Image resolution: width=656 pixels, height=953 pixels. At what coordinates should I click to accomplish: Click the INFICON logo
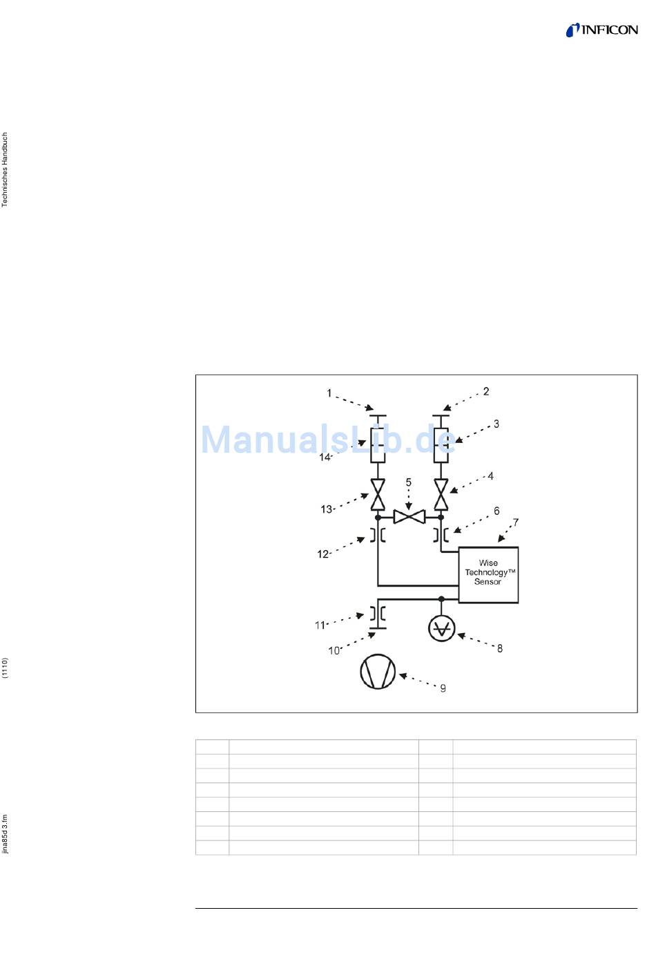click(601, 30)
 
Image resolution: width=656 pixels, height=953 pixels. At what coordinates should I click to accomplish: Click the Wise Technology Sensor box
click(488, 574)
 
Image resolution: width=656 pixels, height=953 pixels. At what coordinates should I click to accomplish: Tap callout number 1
click(329, 393)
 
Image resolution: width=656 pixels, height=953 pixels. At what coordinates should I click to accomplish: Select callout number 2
click(486, 391)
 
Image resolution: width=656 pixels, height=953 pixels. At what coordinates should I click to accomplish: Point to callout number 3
click(496, 424)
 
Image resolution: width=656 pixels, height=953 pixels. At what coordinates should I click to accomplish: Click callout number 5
click(408, 482)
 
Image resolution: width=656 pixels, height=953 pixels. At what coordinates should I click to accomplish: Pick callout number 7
click(515, 522)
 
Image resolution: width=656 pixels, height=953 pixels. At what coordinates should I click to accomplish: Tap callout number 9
click(443, 688)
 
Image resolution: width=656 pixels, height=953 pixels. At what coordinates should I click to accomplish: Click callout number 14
click(325, 457)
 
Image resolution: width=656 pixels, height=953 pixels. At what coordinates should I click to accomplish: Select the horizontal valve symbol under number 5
click(409, 517)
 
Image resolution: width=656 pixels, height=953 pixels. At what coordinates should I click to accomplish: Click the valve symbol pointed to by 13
click(378, 494)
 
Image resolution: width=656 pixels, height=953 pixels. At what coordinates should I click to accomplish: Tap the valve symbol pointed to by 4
click(441, 494)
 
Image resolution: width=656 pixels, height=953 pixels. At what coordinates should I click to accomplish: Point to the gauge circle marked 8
click(441, 628)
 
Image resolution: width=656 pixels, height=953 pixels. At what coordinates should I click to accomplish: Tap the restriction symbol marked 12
click(378, 535)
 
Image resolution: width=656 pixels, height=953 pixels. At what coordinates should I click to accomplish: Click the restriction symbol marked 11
click(378, 613)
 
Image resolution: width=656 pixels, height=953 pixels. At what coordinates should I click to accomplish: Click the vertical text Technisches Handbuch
click(5, 170)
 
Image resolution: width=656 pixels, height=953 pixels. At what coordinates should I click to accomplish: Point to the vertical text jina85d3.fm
click(5, 835)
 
